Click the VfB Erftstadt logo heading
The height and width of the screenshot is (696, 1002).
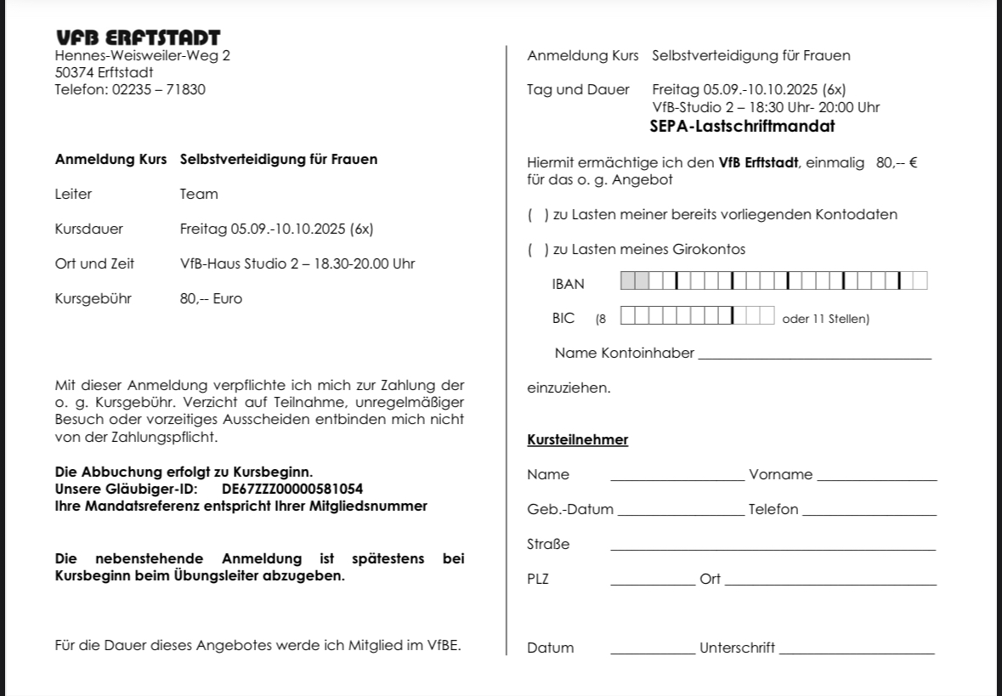[x=138, y=37]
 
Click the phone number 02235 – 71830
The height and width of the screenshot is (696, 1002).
[x=159, y=89]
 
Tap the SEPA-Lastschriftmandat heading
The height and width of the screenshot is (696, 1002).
[x=742, y=127]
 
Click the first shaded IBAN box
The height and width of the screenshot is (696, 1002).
[x=628, y=280]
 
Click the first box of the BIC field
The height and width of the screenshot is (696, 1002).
[x=628, y=316]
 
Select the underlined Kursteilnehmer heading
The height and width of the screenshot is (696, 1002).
[x=578, y=440]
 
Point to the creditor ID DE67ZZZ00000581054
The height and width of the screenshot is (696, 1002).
[x=292, y=489]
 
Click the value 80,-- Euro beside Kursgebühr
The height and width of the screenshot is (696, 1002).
[x=211, y=299]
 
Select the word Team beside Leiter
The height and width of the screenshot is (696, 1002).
[x=199, y=195]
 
